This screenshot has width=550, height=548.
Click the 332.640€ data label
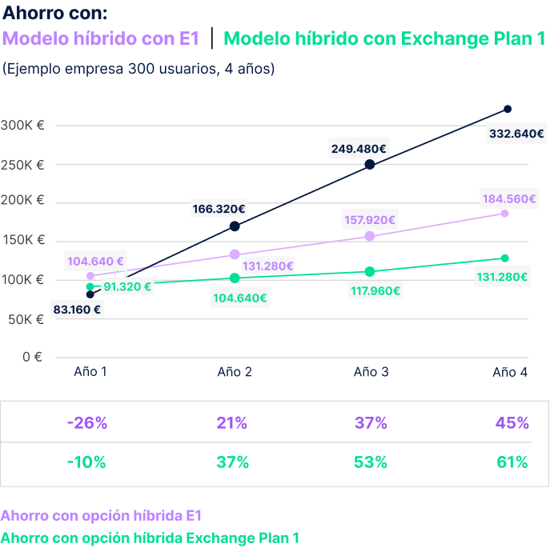516,134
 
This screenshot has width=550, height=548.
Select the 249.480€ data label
359,148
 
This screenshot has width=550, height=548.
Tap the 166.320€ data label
219,209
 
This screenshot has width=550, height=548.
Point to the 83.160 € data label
78,308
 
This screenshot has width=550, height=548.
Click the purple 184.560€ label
508,198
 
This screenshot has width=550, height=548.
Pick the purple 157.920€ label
369,219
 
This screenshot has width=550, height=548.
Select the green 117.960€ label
375,290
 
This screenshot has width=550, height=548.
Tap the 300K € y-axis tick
22,126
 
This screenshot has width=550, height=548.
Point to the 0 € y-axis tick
32,357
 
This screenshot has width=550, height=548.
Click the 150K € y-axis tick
22,241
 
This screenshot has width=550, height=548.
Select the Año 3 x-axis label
371,372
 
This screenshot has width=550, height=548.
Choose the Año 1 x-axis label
90,372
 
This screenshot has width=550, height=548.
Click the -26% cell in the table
87,422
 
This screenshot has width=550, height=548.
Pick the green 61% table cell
512,462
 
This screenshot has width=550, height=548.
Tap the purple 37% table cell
371,422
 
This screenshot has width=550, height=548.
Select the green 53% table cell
371,462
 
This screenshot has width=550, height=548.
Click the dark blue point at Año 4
507,109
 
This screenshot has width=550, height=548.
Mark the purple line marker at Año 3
370,235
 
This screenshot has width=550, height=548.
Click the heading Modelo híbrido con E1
102,38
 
